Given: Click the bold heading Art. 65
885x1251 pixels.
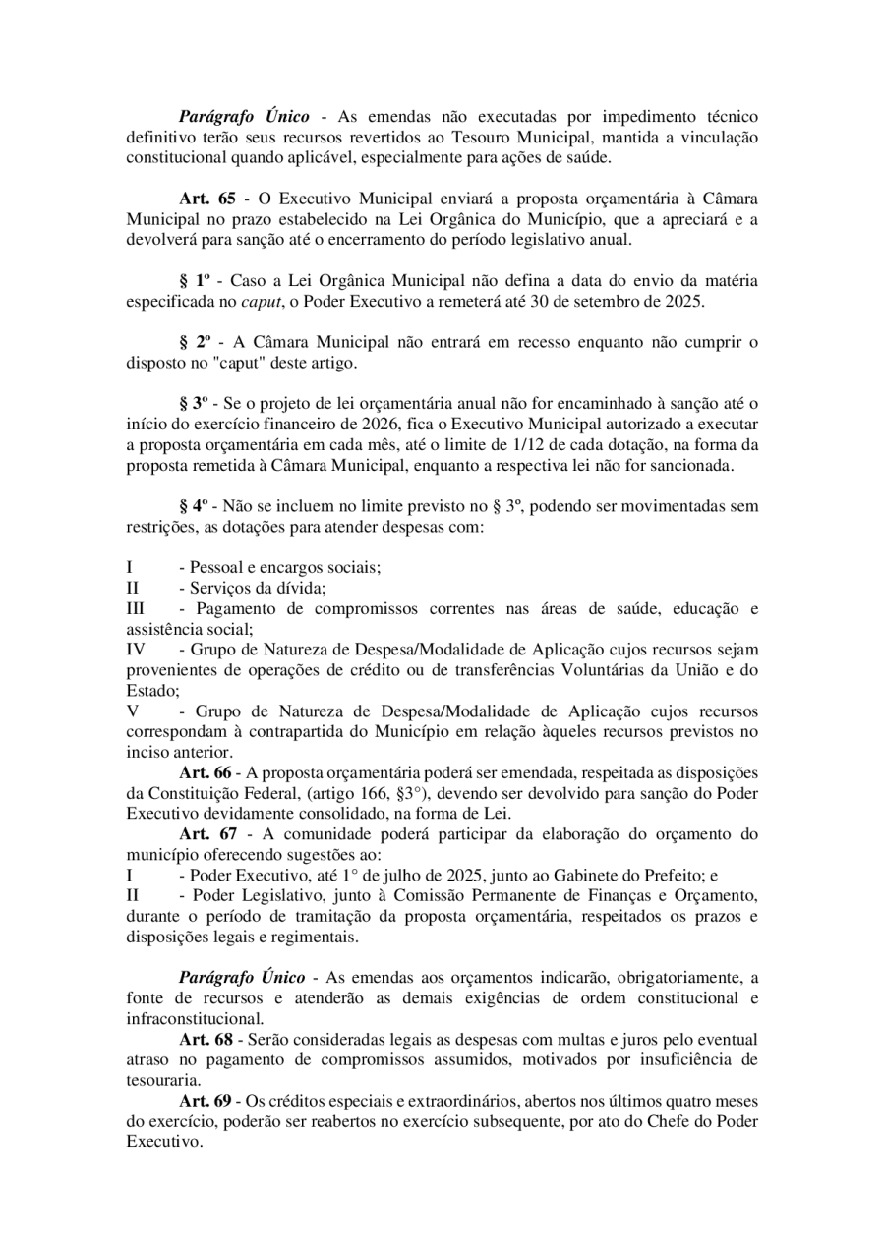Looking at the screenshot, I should click(207, 197).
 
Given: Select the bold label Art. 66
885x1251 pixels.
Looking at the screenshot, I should click(206, 774).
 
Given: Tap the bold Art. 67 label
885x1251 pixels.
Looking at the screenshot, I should click(207, 834).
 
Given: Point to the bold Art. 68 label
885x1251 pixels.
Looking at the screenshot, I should click(206, 1039).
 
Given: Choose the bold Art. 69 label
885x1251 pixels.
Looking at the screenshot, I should click(206, 1100).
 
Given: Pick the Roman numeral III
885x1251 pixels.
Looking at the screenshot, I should click(137, 609).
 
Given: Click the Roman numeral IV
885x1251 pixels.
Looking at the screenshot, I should click(137, 651).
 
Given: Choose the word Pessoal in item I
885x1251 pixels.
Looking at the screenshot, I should click(215, 567).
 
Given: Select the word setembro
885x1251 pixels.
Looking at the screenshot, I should click(616, 301).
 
